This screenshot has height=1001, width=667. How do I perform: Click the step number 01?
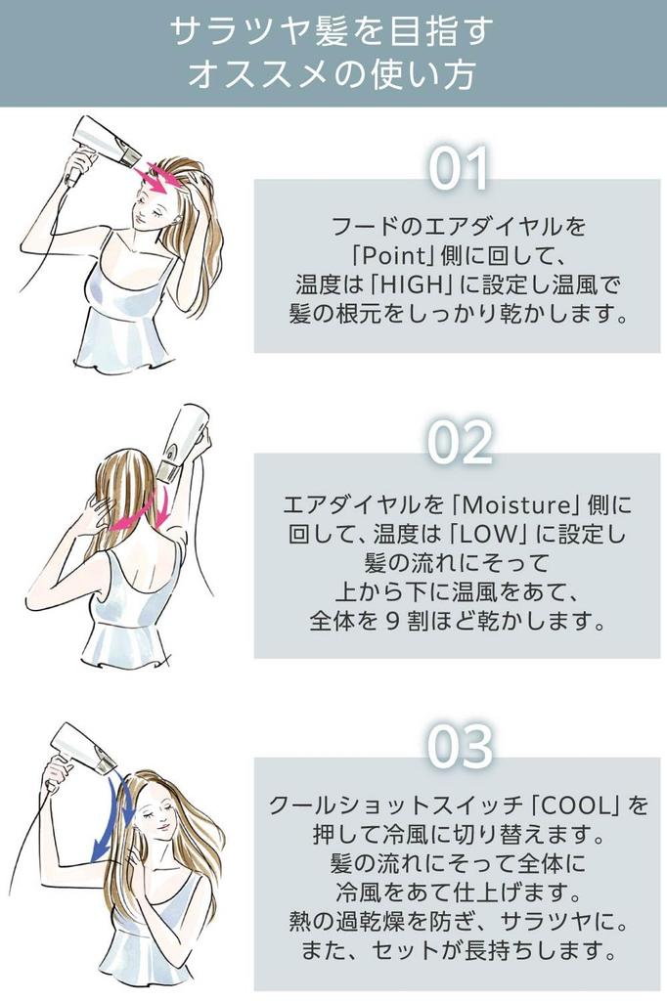(x=459, y=168)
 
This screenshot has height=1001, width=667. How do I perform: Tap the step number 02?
(x=460, y=443)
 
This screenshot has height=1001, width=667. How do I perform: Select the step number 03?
(x=460, y=746)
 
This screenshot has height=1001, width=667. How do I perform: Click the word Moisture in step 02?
(x=515, y=505)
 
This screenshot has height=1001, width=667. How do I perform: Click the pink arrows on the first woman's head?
(x=159, y=178)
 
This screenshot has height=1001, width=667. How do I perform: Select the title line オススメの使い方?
(x=332, y=74)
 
